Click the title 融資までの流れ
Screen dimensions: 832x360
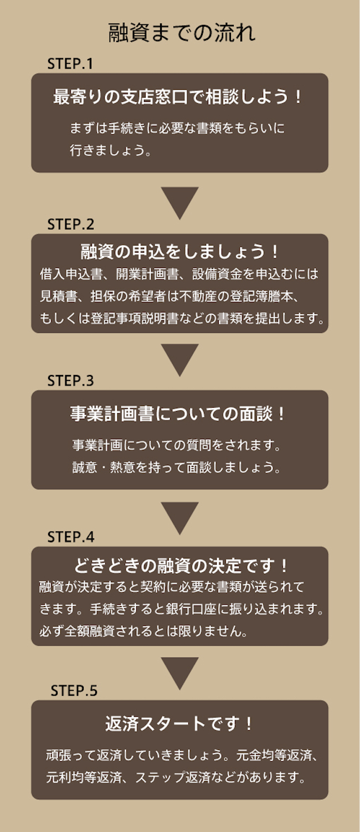182,33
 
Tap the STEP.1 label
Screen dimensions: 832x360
70,64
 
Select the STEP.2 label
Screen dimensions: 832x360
71,224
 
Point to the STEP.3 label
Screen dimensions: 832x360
71,381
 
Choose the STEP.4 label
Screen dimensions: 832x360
71,537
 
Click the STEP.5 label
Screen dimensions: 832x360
74,691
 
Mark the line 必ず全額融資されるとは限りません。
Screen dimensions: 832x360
143,631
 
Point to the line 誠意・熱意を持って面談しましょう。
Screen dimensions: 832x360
176,468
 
